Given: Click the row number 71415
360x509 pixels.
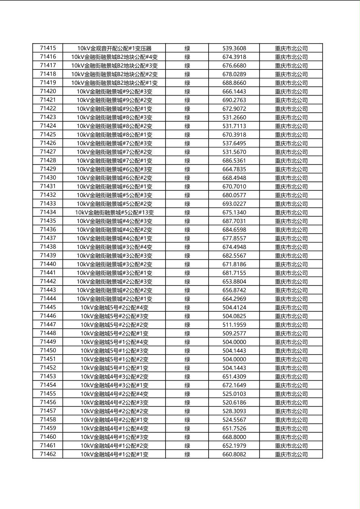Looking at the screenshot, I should tap(48, 48).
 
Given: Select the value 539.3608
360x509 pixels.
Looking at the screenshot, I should tap(234, 48).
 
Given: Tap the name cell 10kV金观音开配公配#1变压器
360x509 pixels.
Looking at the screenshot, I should tap(114, 48).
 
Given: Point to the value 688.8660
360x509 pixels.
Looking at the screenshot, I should tap(234, 83).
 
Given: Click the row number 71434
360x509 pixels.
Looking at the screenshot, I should tap(48, 212).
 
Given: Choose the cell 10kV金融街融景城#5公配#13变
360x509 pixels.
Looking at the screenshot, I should tap(114, 213).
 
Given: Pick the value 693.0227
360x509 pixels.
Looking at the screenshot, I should tap(234, 204).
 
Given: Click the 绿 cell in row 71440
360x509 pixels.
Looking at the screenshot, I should tap(187, 264).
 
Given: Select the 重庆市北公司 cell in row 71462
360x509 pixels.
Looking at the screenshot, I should tap(291, 455).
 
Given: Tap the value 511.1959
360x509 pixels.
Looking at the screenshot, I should tap(234, 325).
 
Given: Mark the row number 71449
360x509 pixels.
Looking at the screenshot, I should tap(48, 342).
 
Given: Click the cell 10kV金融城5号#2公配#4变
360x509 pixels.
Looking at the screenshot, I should tap(114, 307).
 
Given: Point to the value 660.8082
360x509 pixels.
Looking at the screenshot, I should tap(234, 455).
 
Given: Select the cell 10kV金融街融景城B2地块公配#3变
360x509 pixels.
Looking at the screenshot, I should tap(114, 65).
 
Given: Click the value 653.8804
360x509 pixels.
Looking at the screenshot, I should tap(234, 282).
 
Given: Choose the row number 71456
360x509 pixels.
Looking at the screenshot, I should tap(48, 402).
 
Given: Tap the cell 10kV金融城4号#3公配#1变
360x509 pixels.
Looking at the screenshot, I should tap(114, 385).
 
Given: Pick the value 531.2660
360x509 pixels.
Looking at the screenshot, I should tap(234, 117).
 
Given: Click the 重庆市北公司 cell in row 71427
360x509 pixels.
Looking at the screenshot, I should tap(291, 152).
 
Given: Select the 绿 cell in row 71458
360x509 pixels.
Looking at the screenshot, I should tap(187, 420).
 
